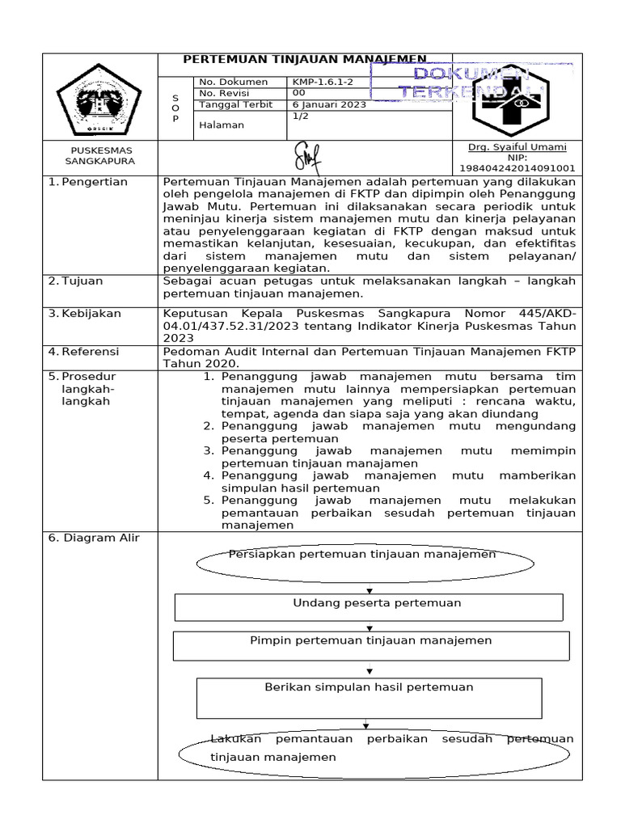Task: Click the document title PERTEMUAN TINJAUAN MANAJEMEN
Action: [x=305, y=59]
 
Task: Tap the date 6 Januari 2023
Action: [x=329, y=104]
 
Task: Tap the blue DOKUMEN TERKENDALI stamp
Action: [x=471, y=83]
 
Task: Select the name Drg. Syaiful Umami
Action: [x=517, y=147]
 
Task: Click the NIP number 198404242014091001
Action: [x=517, y=168]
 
